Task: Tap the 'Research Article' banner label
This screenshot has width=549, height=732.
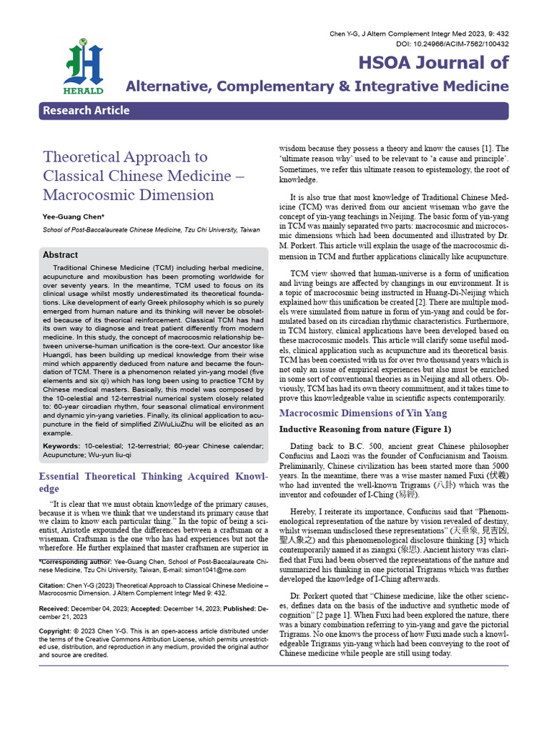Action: [86, 110]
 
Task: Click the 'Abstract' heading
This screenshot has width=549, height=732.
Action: [61, 254]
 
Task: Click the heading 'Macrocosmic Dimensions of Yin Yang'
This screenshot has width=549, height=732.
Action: [362, 413]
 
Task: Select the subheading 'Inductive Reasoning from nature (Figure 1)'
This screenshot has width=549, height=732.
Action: [365, 430]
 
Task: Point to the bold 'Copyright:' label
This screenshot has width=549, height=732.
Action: [56, 631]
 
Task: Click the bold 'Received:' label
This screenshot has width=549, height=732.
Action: [57, 608]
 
